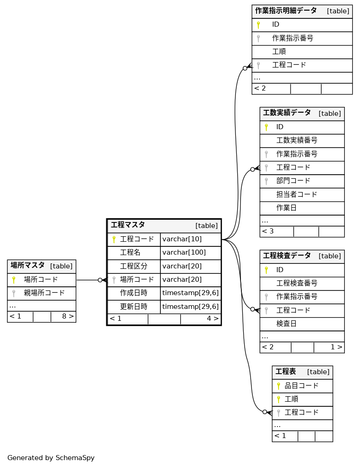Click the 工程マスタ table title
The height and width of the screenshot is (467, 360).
click(128, 225)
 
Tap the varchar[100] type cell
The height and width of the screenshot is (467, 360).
click(184, 252)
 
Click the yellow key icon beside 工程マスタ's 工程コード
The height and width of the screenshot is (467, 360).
click(114, 239)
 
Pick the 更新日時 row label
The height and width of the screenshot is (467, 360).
click(133, 307)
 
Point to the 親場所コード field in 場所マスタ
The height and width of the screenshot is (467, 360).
click(44, 293)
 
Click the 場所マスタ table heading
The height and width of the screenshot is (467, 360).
click(28, 265)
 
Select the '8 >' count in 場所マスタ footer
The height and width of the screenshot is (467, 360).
click(68, 316)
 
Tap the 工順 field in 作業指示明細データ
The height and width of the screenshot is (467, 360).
click(279, 51)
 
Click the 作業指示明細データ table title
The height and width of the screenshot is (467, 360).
click(286, 11)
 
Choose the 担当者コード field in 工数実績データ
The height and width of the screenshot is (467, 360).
click(297, 194)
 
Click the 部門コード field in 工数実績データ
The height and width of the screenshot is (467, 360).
click(293, 181)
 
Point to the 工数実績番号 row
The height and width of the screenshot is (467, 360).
click(297, 140)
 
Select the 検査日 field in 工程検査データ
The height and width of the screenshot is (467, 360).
click(286, 324)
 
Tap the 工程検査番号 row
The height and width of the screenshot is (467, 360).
click(297, 283)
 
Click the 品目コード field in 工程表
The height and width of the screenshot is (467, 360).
click(301, 386)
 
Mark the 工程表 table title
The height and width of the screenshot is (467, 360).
click(286, 371)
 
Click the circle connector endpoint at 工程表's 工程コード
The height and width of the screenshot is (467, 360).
click(265, 412)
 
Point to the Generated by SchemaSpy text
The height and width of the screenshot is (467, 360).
click(51, 458)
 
